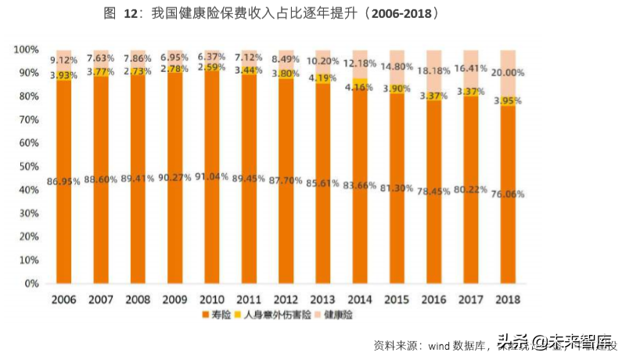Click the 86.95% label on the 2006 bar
(x=64, y=182)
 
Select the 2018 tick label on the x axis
(x=509, y=299)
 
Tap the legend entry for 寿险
(x=216, y=315)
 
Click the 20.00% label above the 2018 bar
(x=509, y=72)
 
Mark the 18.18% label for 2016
(x=434, y=70)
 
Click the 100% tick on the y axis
(x=25, y=49)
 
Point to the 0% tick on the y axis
(x=31, y=284)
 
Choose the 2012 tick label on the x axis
(x=286, y=299)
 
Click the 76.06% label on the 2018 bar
(x=509, y=194)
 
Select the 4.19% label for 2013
(x=323, y=77)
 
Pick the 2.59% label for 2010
(x=212, y=67)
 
